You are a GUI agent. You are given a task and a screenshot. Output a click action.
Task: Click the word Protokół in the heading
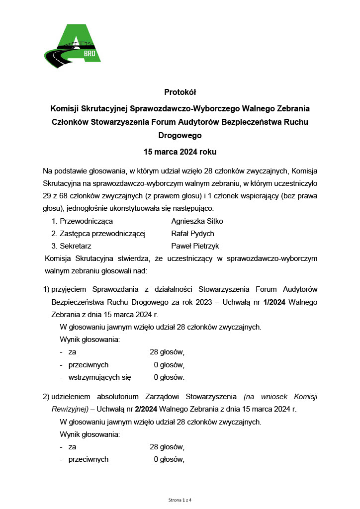click(x=180, y=92)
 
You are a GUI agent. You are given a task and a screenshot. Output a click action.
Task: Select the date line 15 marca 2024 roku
click(x=180, y=151)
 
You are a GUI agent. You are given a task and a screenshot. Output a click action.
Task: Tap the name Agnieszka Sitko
click(x=197, y=221)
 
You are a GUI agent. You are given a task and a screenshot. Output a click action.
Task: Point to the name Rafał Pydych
click(x=192, y=234)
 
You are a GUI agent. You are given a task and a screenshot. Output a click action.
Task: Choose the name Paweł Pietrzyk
click(x=195, y=246)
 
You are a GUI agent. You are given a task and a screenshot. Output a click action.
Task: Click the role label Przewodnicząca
click(x=86, y=221)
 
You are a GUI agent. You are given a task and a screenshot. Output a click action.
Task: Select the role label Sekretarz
click(x=75, y=246)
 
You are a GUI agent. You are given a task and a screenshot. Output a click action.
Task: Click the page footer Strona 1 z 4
click(x=180, y=499)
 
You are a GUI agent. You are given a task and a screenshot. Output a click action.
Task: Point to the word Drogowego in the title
click(x=180, y=135)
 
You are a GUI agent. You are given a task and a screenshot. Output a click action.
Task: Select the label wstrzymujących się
click(x=99, y=377)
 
